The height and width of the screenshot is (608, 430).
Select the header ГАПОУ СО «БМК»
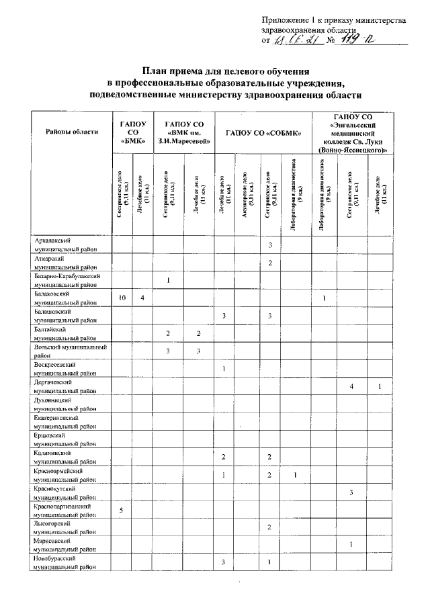click(x=132, y=131)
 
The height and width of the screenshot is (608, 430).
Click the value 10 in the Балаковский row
click(x=122, y=298)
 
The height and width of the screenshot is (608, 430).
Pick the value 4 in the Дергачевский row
click(x=351, y=386)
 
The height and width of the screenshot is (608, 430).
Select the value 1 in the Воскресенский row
click(x=223, y=369)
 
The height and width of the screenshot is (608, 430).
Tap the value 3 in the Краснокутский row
click(x=351, y=492)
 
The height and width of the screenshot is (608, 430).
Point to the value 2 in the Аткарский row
click(x=269, y=263)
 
